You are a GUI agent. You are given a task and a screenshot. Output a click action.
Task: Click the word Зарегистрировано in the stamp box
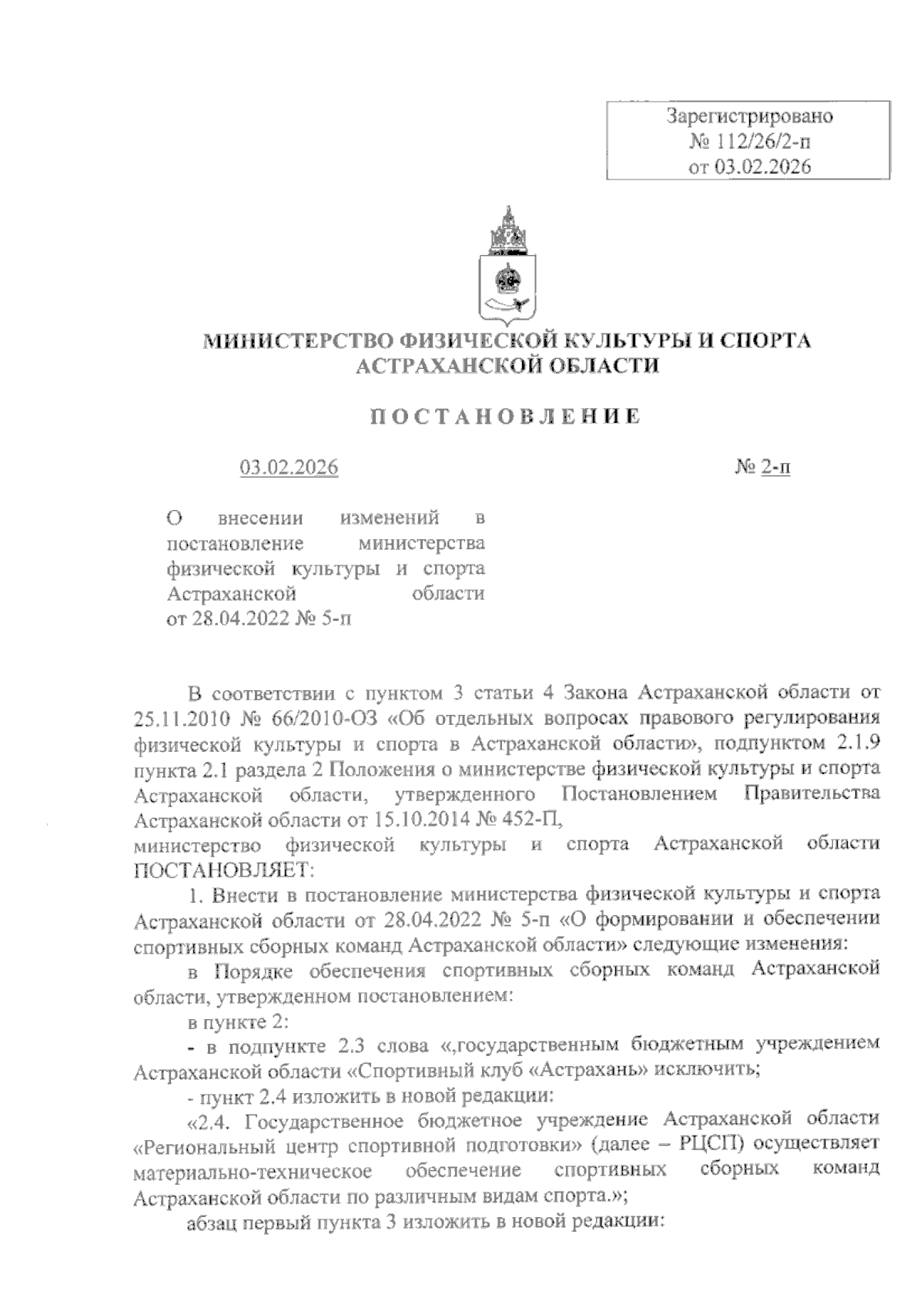pos(749,118)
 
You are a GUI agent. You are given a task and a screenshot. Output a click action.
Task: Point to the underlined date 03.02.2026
pos(289,468)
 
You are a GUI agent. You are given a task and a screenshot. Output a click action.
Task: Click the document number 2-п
pos(776,468)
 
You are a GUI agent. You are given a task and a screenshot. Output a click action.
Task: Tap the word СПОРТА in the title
pos(765,341)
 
